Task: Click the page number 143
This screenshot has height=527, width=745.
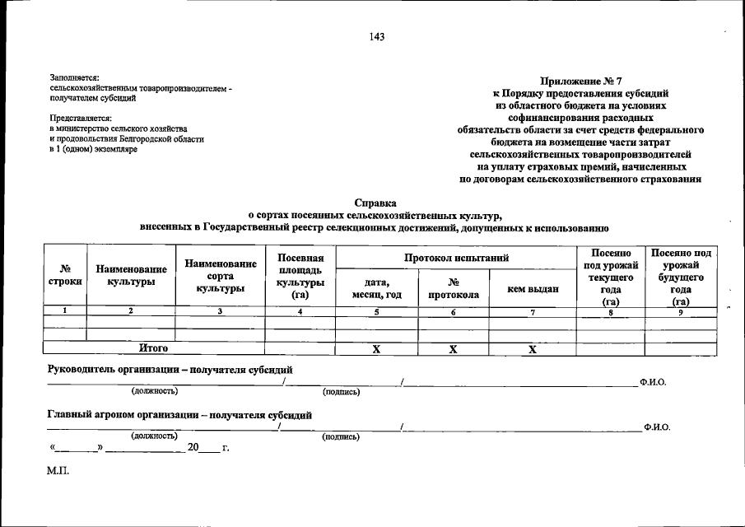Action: (x=377, y=36)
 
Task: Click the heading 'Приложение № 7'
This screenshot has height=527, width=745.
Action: (x=580, y=82)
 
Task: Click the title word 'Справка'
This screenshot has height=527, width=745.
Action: (x=375, y=203)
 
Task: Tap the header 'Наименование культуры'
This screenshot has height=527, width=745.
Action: (x=132, y=275)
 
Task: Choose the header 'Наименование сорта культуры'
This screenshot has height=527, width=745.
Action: (x=220, y=275)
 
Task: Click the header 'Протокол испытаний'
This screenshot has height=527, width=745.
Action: (x=456, y=259)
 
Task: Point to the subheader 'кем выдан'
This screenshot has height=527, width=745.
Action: (x=533, y=288)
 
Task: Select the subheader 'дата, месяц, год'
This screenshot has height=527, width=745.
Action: (x=376, y=288)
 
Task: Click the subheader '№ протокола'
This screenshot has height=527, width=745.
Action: (x=453, y=288)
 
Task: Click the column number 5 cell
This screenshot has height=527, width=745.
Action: (x=376, y=311)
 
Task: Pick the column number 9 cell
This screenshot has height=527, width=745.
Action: (x=680, y=311)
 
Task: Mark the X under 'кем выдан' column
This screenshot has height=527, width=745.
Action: (x=533, y=349)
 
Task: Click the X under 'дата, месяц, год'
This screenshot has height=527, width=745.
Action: (x=376, y=349)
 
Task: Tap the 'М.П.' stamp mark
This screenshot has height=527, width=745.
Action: (x=58, y=471)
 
